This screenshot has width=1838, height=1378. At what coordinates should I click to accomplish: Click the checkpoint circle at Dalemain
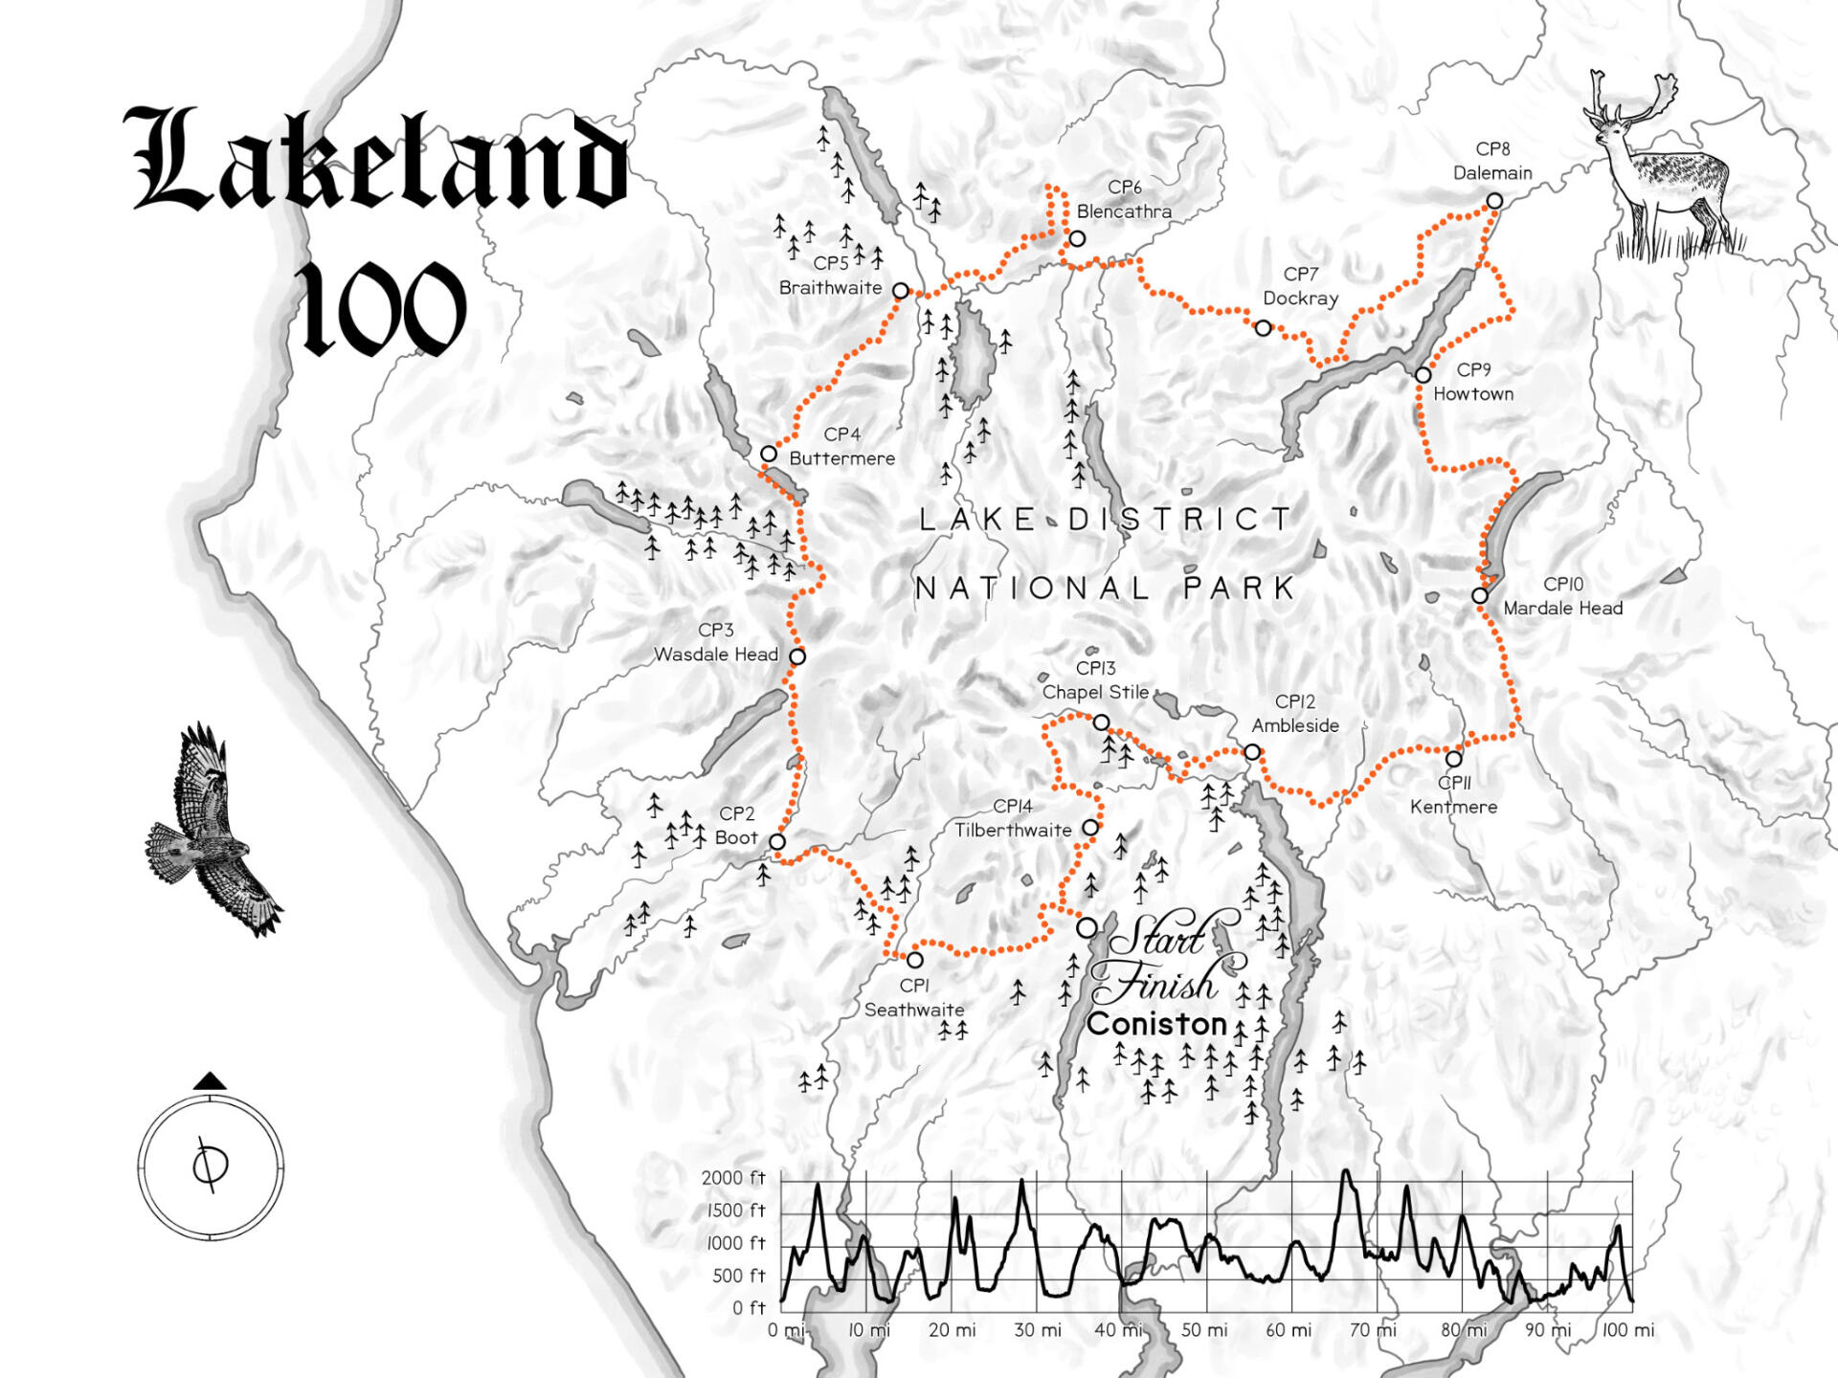1493,201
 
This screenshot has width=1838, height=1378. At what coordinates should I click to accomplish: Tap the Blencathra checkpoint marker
1077,238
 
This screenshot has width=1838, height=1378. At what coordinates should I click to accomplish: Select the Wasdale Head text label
716,655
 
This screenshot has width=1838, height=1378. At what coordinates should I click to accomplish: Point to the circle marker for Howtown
1423,375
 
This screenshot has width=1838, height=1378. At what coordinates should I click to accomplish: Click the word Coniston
1156,1024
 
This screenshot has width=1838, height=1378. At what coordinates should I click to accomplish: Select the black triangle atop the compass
210,1081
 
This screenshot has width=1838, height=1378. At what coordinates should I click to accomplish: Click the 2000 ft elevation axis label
733,1178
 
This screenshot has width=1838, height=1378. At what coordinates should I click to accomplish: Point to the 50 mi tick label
1204,1330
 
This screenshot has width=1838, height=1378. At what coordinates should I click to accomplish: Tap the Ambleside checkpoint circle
1252,752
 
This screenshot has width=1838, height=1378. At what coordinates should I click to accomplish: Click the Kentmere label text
1453,807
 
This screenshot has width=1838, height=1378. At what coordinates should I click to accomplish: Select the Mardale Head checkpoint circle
1479,595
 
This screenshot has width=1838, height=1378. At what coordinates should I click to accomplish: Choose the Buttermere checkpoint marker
769,454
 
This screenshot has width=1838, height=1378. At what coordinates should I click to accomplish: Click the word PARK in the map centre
1239,588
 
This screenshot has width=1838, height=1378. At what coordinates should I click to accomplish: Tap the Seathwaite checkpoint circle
914,960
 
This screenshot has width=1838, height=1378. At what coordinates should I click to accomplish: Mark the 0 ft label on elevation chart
749,1308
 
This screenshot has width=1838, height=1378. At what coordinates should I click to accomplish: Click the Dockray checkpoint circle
1263,328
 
